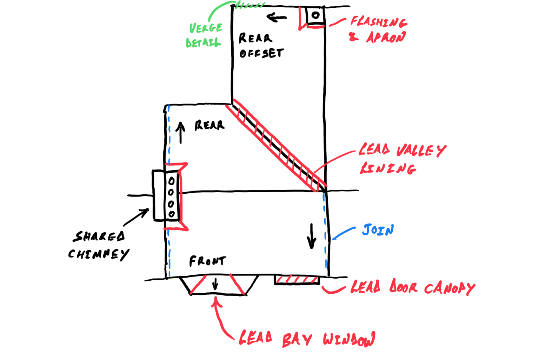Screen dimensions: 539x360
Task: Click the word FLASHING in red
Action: click(379, 22)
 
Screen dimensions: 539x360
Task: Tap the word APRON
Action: click(386, 37)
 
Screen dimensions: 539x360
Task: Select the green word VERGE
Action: click(206, 28)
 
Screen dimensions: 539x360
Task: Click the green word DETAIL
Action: click(203, 42)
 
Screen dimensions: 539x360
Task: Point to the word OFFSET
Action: click(262, 53)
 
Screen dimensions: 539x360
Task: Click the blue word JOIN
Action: click(378, 230)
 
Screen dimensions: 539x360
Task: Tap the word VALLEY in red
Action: click(421, 151)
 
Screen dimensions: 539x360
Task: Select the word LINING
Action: click(388, 168)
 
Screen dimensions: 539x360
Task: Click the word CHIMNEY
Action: click(99, 255)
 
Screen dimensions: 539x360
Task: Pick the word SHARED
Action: click(99, 236)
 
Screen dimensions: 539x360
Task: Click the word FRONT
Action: click(208, 261)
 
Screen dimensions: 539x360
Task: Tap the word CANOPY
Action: click(450, 288)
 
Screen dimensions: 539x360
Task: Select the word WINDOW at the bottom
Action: click(349, 339)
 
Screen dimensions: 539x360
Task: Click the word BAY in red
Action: click(297, 340)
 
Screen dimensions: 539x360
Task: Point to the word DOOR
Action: click(403, 286)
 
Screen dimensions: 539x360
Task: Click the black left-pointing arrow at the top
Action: click(277, 17)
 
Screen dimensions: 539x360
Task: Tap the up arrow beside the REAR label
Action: click(180, 133)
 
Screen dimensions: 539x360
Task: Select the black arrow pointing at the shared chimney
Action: click(136, 217)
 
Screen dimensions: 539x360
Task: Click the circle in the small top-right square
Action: click(316, 15)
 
